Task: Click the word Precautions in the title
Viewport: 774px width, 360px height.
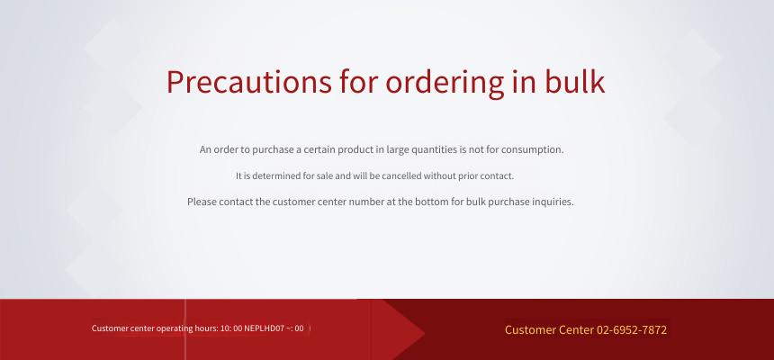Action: (248, 82)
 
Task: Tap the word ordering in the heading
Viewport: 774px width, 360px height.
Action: (445, 83)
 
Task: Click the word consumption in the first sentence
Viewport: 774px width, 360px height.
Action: (532, 149)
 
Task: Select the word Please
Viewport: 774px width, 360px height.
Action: (202, 202)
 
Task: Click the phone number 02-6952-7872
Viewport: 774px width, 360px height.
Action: (631, 330)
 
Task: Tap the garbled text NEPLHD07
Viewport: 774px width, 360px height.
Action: (264, 328)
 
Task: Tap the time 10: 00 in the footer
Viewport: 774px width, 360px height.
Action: (231, 328)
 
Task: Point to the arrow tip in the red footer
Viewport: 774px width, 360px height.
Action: (425, 333)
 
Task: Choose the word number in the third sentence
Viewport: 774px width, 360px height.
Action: (366, 202)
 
